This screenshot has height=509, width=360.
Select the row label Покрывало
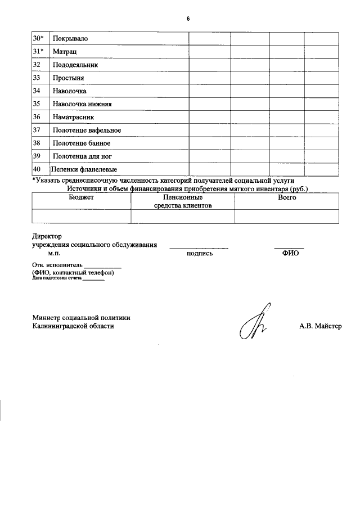[x=70, y=38]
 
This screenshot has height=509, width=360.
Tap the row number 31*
[x=38, y=51]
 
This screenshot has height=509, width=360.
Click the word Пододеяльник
[x=75, y=65]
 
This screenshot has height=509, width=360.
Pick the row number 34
[x=37, y=91]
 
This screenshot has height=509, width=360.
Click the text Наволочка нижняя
[x=83, y=104]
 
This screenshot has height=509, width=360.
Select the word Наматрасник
[x=74, y=117]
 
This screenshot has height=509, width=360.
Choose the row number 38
[x=37, y=143]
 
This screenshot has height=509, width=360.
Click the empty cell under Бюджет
[x=82, y=217]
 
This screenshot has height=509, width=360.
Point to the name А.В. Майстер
[x=320, y=326]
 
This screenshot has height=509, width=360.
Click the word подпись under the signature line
[x=199, y=253]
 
